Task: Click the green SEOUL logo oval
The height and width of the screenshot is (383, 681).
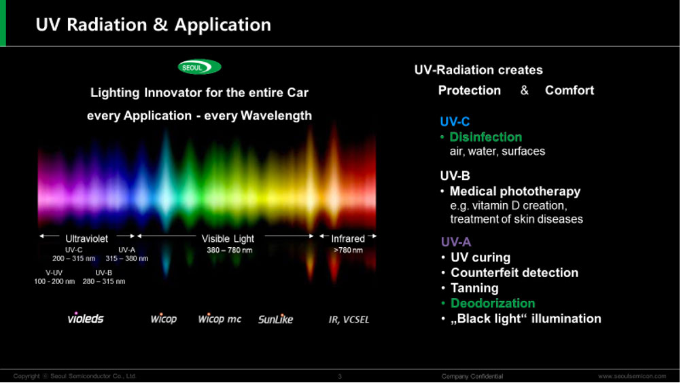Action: coord(199,67)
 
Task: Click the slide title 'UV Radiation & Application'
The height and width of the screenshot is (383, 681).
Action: coord(154,24)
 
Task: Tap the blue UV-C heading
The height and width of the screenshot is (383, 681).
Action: coord(455,122)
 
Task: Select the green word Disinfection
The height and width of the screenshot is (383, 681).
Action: coord(485,137)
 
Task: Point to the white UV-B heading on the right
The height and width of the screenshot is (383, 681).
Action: coord(455,176)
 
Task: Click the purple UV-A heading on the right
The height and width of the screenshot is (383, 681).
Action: coord(456,242)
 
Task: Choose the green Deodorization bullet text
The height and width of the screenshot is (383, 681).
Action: coord(493,303)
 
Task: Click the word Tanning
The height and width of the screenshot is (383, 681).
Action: coord(474,288)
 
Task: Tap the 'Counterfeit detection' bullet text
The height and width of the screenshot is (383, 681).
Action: coord(514,272)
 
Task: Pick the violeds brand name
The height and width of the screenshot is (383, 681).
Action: coord(86,318)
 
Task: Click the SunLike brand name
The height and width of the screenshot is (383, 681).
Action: coord(275,319)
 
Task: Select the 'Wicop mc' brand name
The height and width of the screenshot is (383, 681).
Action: coord(220,318)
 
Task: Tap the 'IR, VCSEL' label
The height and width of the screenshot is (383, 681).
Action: coord(349,320)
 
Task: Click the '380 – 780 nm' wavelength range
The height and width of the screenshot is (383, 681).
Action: coord(229,251)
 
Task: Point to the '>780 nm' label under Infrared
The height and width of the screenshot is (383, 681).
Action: coord(348,251)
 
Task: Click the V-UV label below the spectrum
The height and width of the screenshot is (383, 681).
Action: coord(54,273)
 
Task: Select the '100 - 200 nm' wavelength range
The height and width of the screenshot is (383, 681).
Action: coord(54,282)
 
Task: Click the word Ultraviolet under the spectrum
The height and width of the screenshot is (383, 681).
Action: coord(86,238)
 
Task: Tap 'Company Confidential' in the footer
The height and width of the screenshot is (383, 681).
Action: coord(472,376)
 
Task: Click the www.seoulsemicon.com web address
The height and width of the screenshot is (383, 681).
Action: coord(632,376)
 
